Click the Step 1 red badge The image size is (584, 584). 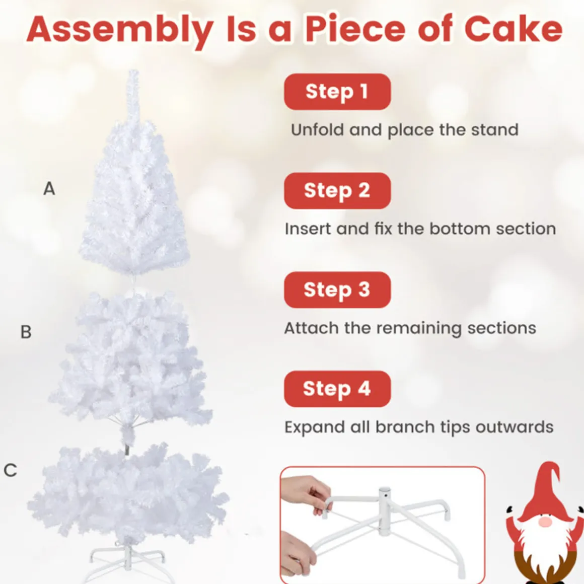click(x=337, y=92)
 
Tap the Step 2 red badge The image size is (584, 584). click(x=337, y=191)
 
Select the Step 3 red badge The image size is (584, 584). click(x=337, y=290)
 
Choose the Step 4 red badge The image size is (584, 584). click(x=337, y=389)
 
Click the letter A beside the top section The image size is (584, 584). click(x=49, y=188)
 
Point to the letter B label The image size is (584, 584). click(x=26, y=332)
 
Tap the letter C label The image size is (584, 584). click(x=11, y=470)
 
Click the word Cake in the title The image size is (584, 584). click(x=513, y=29)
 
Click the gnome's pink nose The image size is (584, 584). click(x=545, y=522)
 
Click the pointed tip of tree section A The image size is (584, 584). click(x=132, y=71)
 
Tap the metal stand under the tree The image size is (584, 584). click(x=127, y=559)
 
